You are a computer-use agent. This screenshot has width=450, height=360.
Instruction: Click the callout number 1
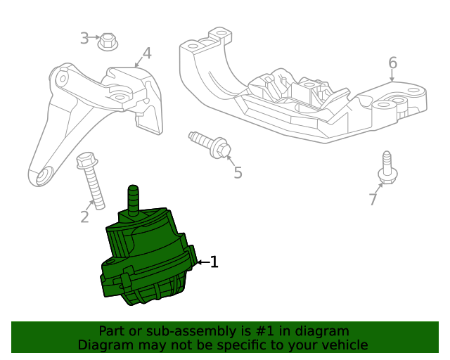tap(214, 262)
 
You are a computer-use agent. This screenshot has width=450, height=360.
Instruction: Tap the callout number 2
tap(84, 217)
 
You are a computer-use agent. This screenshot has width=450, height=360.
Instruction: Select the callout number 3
tap(84, 38)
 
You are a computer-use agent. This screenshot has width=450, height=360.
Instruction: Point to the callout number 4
tap(146, 53)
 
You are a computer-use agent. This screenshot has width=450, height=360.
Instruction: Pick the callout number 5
tap(238, 172)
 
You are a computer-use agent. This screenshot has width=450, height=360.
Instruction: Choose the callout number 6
tap(392, 64)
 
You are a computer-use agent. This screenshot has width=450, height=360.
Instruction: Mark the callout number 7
tap(373, 200)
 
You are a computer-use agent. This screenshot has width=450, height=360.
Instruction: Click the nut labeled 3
tap(108, 41)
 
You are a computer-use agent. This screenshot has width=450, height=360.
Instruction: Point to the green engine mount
tap(148, 260)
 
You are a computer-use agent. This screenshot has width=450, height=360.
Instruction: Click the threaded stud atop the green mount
tap(133, 198)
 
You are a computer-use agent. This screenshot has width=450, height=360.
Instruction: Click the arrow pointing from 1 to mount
tap(202, 262)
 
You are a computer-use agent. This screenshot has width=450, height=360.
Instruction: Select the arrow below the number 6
tap(392, 77)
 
